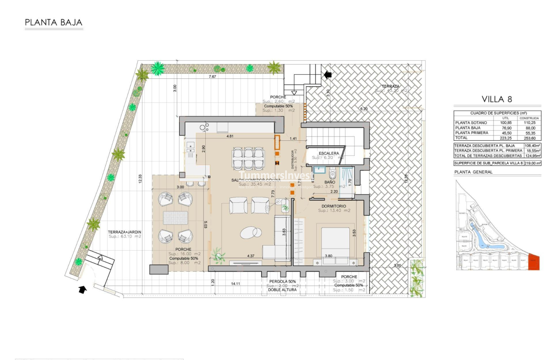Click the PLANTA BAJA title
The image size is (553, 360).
click(x=54, y=23)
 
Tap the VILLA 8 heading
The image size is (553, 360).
click(x=497, y=99)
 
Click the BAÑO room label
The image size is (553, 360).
click(x=330, y=182)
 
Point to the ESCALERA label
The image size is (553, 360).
click(x=329, y=153)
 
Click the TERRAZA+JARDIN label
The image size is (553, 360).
click(x=124, y=232)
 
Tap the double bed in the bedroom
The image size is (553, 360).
click(x=335, y=243)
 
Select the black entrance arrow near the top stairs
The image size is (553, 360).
click(x=327, y=75)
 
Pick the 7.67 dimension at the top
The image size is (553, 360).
click(x=212, y=77)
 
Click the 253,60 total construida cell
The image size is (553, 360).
click(x=530, y=138)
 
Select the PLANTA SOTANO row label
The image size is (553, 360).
click(x=471, y=123)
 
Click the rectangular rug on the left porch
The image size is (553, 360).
click(x=175, y=218)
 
